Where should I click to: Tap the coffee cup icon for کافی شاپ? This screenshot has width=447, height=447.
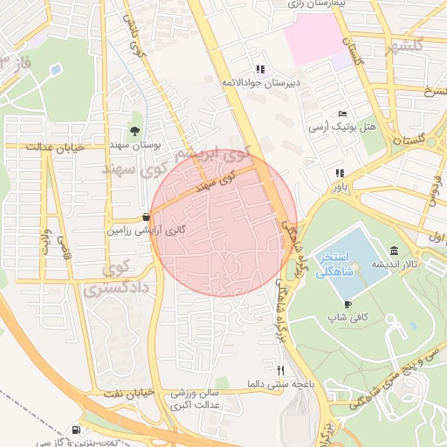pyautogui.click(x=348, y=304)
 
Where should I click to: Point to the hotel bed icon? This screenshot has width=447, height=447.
pyautogui.click(x=343, y=114)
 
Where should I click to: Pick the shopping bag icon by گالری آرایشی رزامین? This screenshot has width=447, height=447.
pyautogui.click(x=145, y=218)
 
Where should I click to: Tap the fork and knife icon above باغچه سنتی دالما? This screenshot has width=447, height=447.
pyautogui.click(x=280, y=369)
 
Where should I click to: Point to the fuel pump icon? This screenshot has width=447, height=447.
pyautogui.click(x=77, y=430)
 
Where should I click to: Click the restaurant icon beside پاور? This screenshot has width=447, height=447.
pyautogui.click(x=338, y=173)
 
